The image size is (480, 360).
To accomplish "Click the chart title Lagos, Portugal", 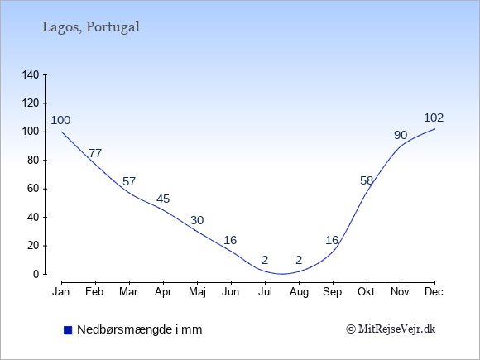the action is pyautogui.click(x=91, y=27).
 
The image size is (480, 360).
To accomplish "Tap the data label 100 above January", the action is pyautogui.click(x=60, y=120).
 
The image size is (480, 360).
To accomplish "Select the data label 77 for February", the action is pyautogui.click(x=95, y=153).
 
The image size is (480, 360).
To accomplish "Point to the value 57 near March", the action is pyautogui.click(x=129, y=181).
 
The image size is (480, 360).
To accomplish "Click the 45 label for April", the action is pyautogui.click(x=163, y=199).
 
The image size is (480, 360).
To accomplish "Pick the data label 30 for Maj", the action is pyautogui.click(x=197, y=220).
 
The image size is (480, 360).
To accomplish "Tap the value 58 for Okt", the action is pyautogui.click(x=367, y=180).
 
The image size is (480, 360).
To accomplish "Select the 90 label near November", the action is pyautogui.click(x=401, y=135).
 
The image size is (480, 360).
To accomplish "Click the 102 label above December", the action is pyautogui.click(x=434, y=118).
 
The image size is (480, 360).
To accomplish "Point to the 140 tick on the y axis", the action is pyautogui.click(x=31, y=74).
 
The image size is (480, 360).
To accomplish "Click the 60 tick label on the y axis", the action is pyautogui.click(x=33, y=189).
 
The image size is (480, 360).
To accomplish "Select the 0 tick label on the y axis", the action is pyautogui.click(x=36, y=274).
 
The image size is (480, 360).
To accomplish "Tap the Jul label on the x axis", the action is pyautogui.click(x=265, y=292).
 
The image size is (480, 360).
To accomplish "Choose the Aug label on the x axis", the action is pyautogui.click(x=299, y=292).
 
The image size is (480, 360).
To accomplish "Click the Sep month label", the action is pyautogui.click(x=333, y=292).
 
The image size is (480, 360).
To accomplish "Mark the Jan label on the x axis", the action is pyautogui.click(x=61, y=292).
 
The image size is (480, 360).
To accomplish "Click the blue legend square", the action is pyautogui.click(x=68, y=330).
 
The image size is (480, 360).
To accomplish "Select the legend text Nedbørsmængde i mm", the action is pyautogui.click(x=140, y=329).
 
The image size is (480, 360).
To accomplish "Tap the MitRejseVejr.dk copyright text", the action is pyautogui.click(x=391, y=329).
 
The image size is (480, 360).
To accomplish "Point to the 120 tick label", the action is pyautogui.click(x=31, y=103).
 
